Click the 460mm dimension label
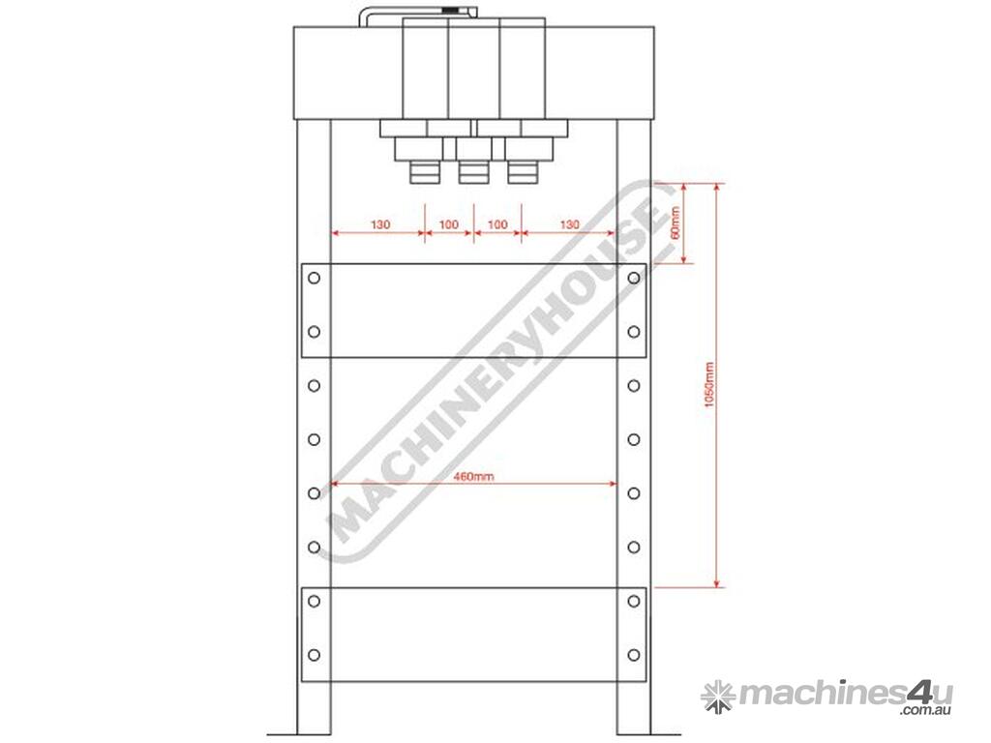(x=473, y=476)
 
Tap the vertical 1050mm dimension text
(x=709, y=385)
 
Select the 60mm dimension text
(x=675, y=223)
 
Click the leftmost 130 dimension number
(x=379, y=224)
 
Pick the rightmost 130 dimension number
(x=569, y=224)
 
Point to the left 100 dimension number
(x=448, y=224)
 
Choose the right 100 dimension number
(x=497, y=224)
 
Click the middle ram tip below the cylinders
(x=473, y=172)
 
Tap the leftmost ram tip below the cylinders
(x=425, y=172)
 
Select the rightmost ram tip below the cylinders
(x=523, y=172)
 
